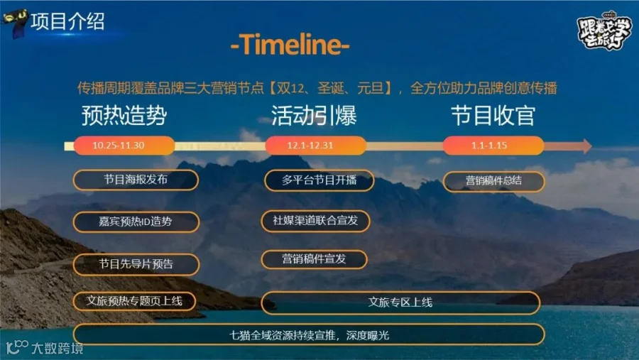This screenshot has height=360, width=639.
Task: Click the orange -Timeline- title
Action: point(290,44)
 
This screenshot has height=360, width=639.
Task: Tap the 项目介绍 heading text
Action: point(67,21)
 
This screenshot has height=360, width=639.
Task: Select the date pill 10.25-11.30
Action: point(124,146)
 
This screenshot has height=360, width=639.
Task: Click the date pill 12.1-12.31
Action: point(316,146)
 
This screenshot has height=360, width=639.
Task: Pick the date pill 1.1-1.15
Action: point(493,146)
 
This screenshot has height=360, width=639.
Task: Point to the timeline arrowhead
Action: point(587,146)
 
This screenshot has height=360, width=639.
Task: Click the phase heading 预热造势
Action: point(124,115)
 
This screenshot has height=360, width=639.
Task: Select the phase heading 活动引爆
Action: point(315,115)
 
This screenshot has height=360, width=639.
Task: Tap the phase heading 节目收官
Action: point(493,115)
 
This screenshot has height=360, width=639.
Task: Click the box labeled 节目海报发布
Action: point(136,180)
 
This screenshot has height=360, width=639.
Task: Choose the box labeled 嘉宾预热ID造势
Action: point(136,222)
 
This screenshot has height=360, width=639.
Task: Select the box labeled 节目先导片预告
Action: point(136,264)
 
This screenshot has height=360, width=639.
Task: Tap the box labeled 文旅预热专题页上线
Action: point(134,301)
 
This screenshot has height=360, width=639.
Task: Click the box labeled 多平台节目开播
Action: point(319,180)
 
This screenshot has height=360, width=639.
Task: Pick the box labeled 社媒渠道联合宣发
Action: point(315,221)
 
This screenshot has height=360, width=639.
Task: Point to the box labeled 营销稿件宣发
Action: point(314,259)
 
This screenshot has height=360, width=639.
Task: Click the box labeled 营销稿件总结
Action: point(494,181)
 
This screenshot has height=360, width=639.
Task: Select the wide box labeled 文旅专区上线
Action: point(400,302)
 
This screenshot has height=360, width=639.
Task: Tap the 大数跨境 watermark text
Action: point(58,349)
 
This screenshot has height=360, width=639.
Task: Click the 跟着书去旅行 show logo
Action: point(604,32)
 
